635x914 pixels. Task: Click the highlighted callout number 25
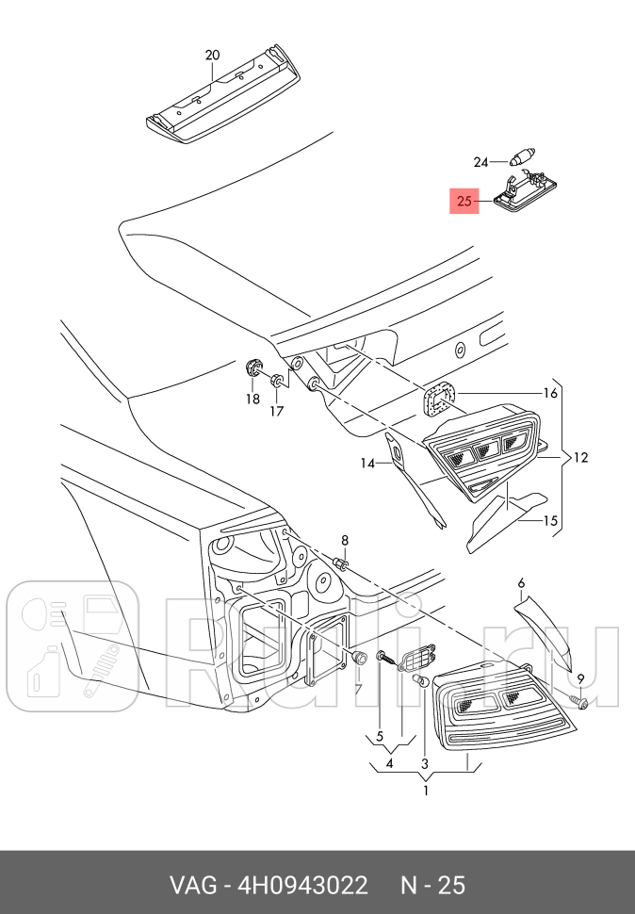click(x=464, y=202)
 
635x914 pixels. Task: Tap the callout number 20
click(x=212, y=56)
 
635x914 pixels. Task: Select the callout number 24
click(x=481, y=162)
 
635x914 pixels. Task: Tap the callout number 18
click(x=252, y=399)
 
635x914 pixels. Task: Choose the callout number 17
click(x=276, y=411)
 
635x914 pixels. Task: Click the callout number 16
click(x=550, y=393)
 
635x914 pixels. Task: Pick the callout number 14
click(x=367, y=463)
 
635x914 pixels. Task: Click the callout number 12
click(x=579, y=458)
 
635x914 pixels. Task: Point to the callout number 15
click(x=550, y=519)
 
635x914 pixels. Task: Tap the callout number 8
click(x=345, y=540)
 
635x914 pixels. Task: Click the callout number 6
click(x=521, y=583)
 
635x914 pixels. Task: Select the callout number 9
click(x=580, y=678)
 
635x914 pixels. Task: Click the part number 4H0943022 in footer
click(x=303, y=886)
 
